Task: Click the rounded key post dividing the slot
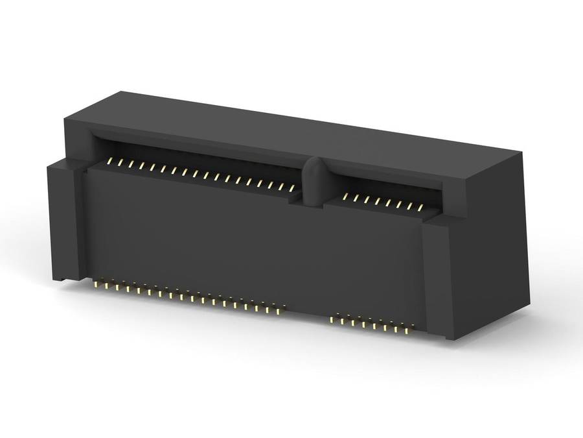click(x=312, y=182)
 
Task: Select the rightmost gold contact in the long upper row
click(x=292, y=188)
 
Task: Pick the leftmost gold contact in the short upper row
click(x=345, y=196)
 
